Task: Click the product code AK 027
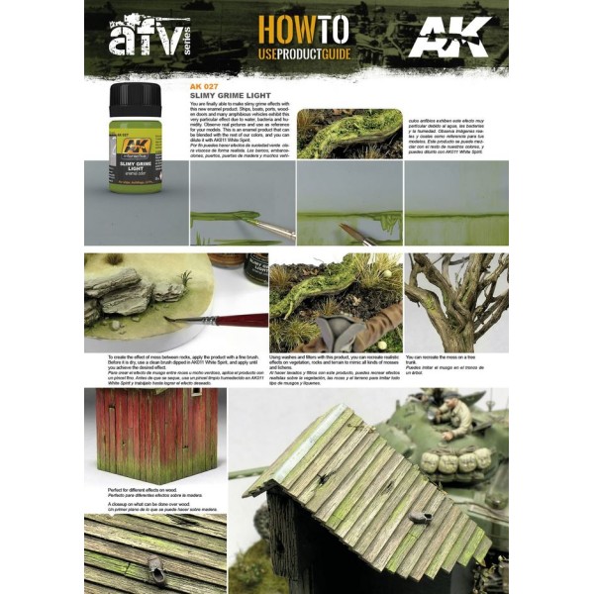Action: tap(204, 85)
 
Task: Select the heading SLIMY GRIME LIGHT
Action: tap(234, 95)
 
